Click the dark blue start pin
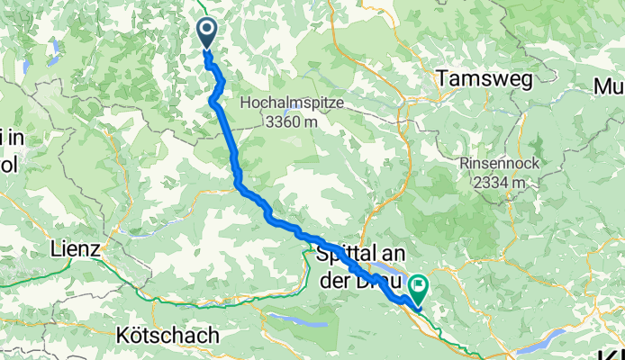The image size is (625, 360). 206,33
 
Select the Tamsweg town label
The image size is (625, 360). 476,80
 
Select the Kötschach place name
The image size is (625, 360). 168,335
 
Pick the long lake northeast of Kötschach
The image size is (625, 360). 294,319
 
